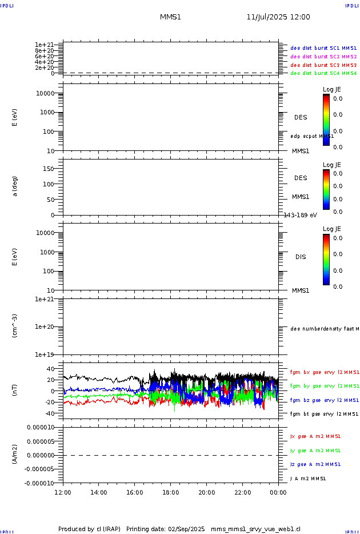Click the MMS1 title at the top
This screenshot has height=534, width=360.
coord(170,17)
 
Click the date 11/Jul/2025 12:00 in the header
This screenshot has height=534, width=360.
coord(278,17)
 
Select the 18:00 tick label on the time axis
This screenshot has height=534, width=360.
coord(171,492)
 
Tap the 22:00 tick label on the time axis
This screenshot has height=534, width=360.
coord(242,492)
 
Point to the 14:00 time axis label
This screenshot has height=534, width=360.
coord(99,492)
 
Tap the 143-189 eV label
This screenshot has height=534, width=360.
coord(301,215)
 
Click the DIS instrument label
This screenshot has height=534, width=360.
coord(301,257)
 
